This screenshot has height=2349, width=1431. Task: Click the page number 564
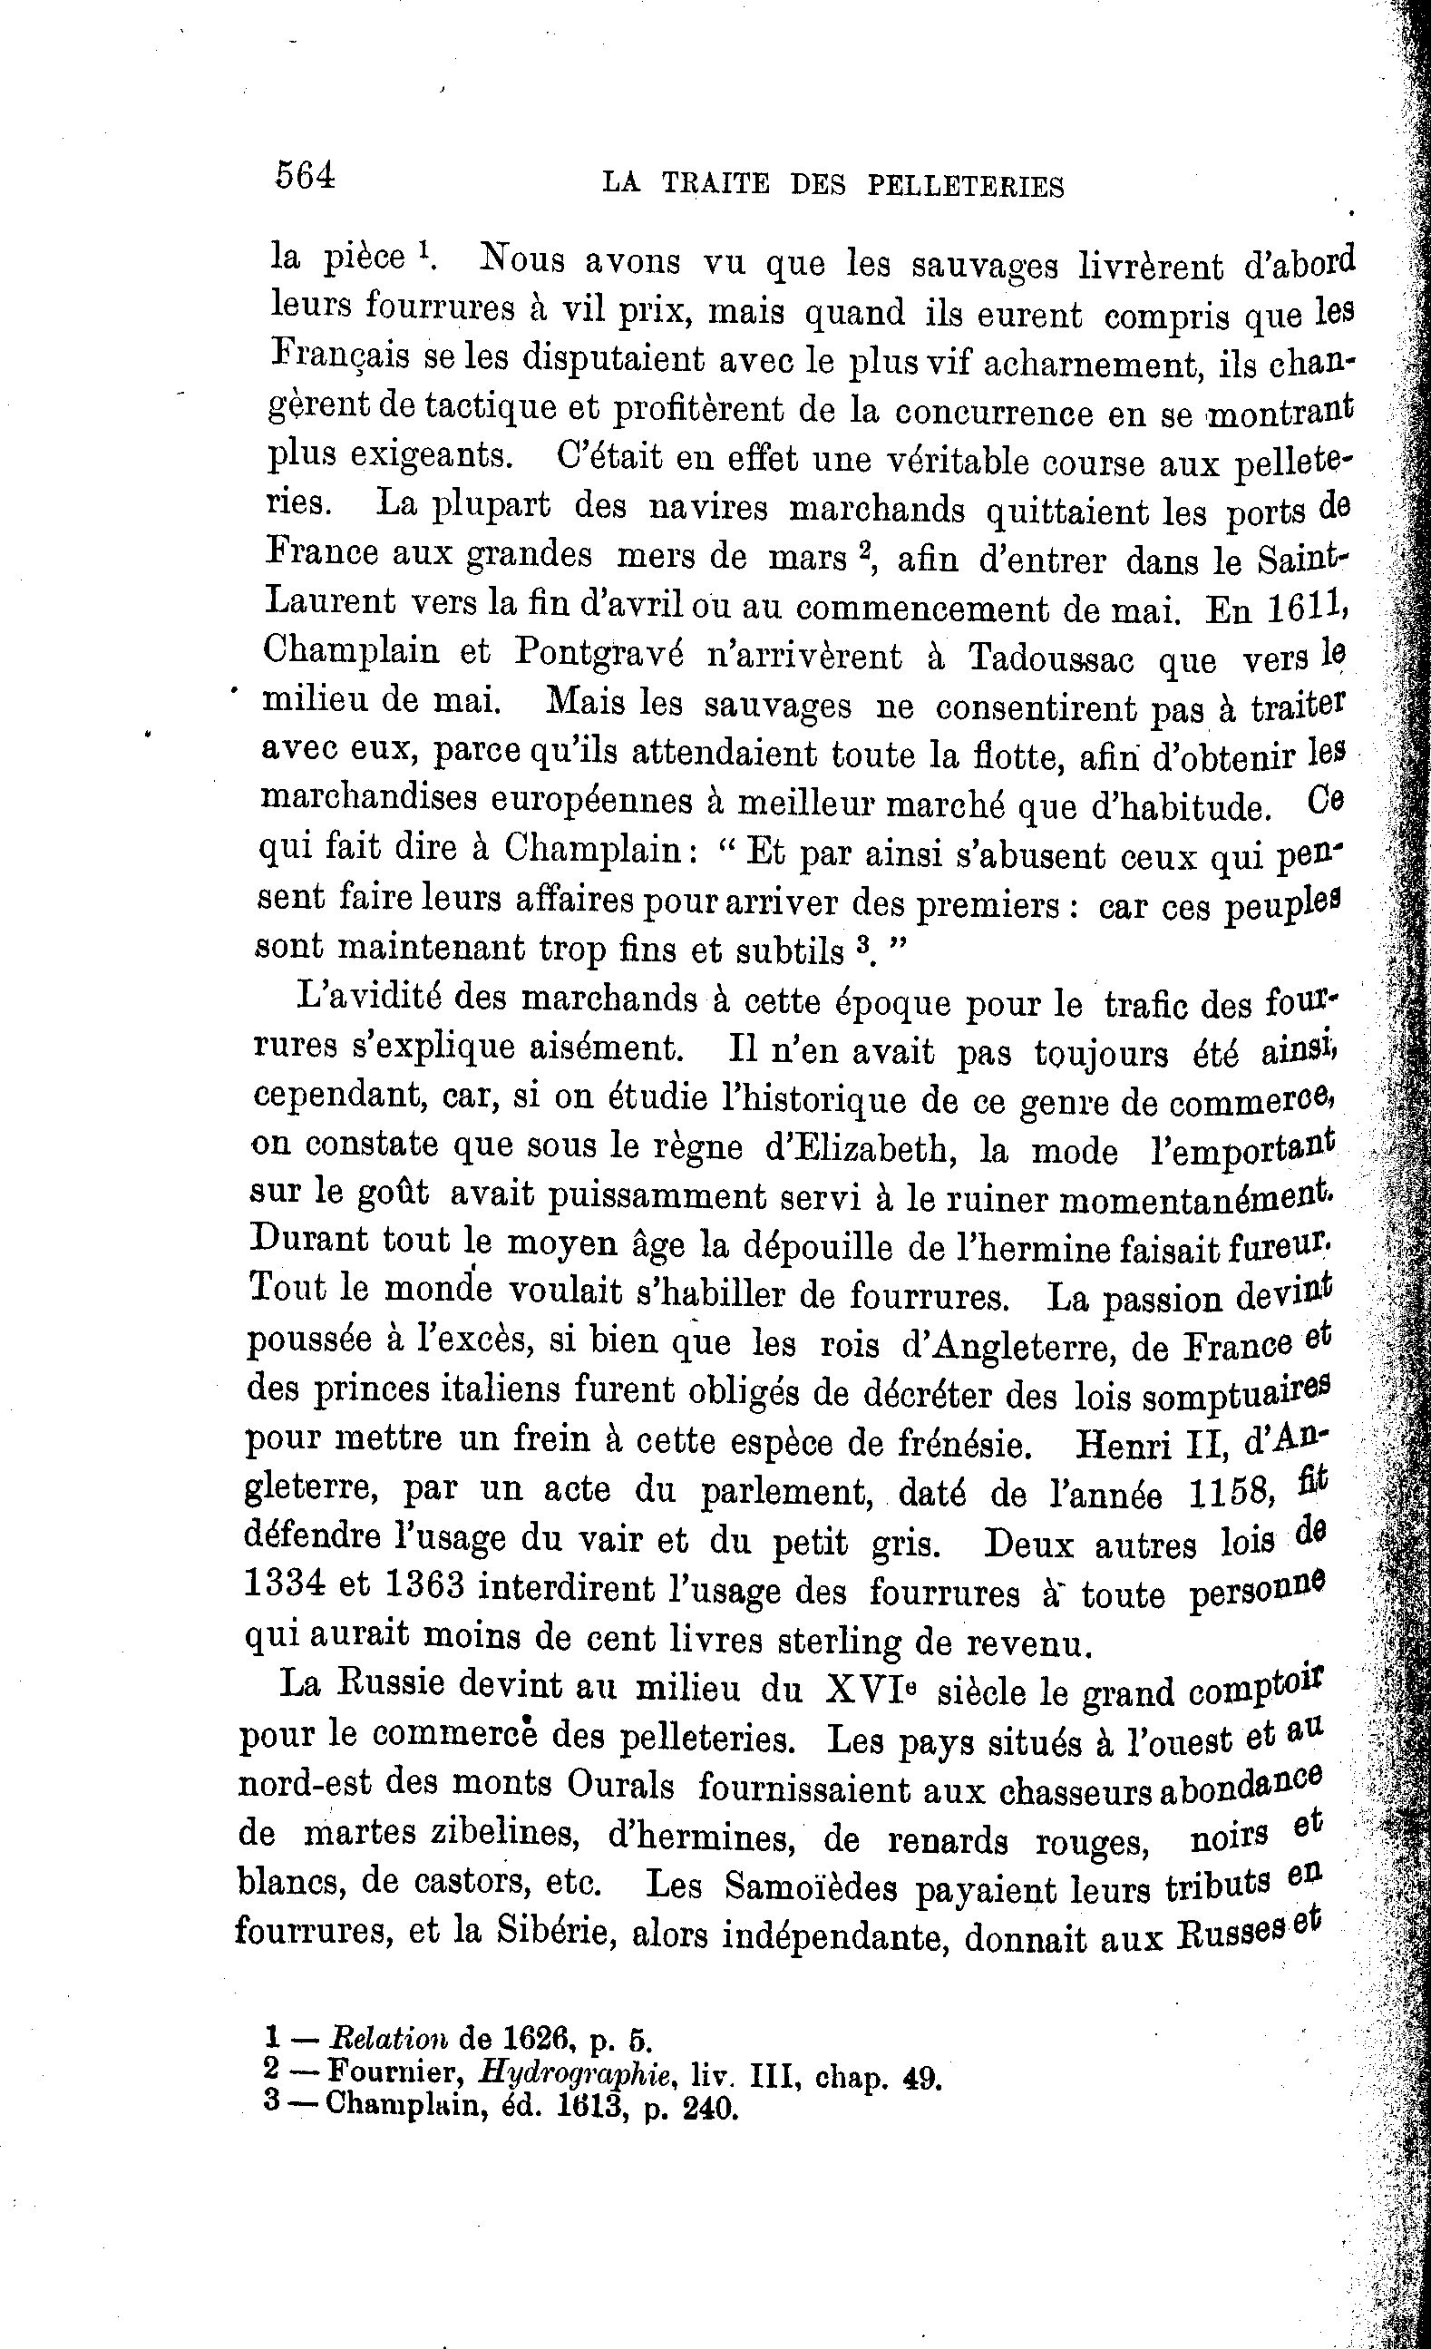[x=305, y=176]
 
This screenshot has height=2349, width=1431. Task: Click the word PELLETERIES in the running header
[x=965, y=186]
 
